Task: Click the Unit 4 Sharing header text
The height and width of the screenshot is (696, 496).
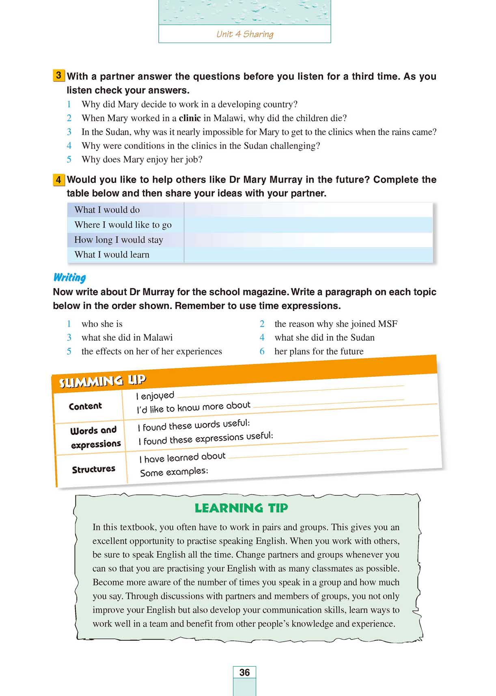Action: (x=245, y=34)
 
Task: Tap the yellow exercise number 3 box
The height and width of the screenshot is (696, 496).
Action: (x=59, y=76)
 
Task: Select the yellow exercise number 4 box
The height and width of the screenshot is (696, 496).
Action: (x=59, y=179)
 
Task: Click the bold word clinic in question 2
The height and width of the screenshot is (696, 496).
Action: (x=190, y=118)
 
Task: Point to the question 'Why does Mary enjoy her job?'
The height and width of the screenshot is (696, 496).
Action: (x=142, y=160)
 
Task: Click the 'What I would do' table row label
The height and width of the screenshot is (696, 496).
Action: (x=107, y=210)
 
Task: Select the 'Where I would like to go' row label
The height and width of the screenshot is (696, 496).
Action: (x=123, y=225)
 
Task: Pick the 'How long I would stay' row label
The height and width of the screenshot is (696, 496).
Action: (x=119, y=240)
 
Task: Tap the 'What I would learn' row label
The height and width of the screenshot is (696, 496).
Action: (x=112, y=255)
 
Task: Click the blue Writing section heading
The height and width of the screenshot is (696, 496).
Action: (x=70, y=278)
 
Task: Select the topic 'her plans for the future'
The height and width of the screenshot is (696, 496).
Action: (x=319, y=351)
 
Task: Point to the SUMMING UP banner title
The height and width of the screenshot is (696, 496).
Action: (x=102, y=381)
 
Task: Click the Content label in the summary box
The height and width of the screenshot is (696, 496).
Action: (x=85, y=406)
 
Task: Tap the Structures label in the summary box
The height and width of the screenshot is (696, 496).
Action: (x=93, y=470)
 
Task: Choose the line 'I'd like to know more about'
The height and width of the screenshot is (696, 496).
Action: (x=194, y=407)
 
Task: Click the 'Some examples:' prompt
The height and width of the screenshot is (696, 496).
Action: (x=174, y=472)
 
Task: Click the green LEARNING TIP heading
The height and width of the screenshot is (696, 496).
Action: (x=241, y=508)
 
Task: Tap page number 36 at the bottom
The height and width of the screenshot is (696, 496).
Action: (x=244, y=672)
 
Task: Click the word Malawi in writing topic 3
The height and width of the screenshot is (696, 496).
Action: (x=157, y=338)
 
